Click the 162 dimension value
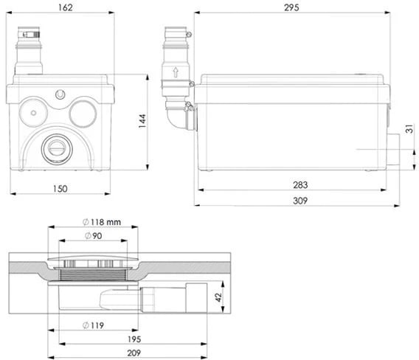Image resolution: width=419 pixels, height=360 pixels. coord(66,7)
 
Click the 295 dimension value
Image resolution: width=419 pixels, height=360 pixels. coord(291,7)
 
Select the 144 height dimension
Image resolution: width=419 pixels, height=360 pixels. coord(142,121)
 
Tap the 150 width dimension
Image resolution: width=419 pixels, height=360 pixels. coord(60,189)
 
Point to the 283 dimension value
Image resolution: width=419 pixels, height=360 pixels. coord(300,185)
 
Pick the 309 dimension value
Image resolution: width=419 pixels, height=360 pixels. coord(300,201)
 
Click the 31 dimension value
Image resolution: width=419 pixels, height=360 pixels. coord(409,129)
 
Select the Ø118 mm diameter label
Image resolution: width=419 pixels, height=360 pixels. coord(102,222)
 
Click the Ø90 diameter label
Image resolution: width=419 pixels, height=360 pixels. coord(93,236)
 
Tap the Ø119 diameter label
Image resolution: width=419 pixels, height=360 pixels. coord(93,325)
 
